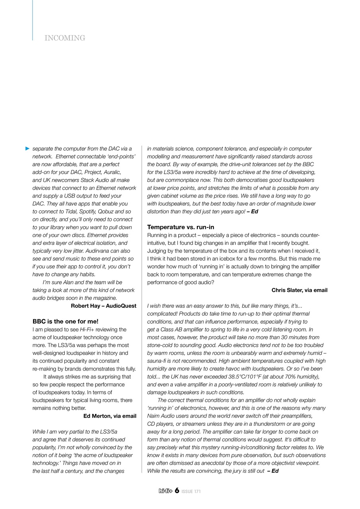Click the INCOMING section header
click(x=65, y=38)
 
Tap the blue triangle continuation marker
click(x=27, y=148)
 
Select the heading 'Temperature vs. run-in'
click(x=181, y=227)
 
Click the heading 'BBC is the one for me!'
click(x=65, y=321)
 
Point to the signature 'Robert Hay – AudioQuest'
click(x=103, y=306)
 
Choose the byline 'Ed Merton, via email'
click(x=110, y=416)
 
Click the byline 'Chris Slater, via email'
click(x=299, y=290)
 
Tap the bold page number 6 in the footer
click(x=177, y=491)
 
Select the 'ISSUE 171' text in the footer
click(x=191, y=492)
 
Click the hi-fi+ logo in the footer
click(x=165, y=491)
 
